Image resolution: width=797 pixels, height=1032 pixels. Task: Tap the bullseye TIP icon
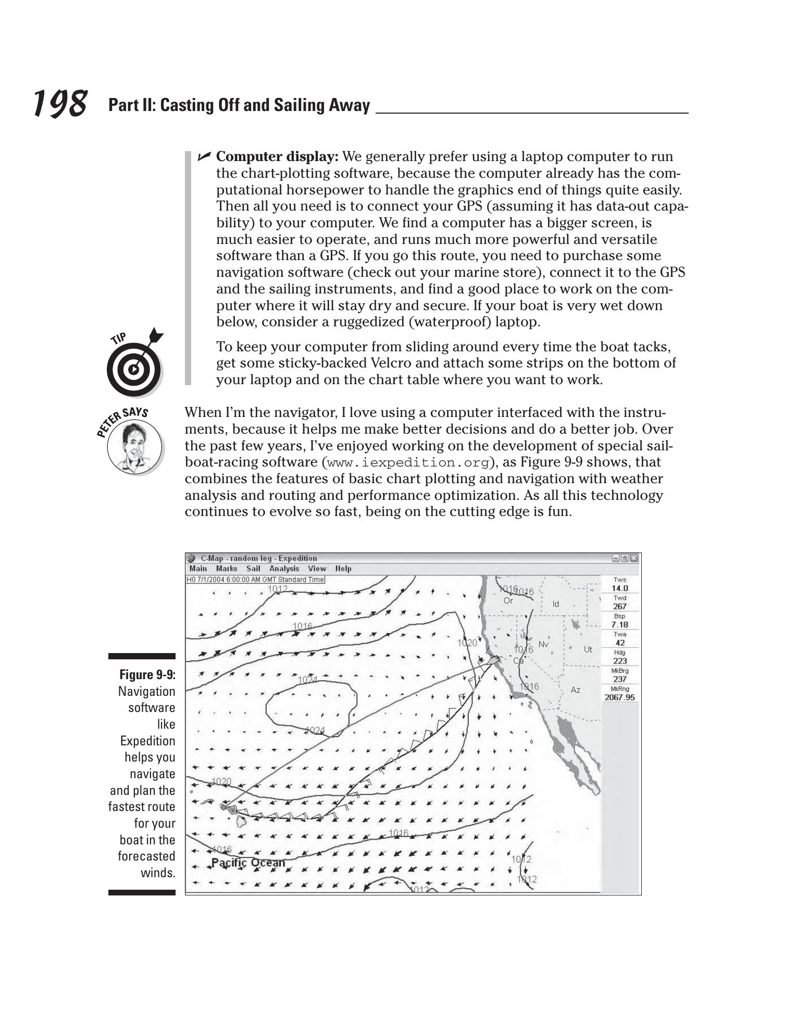click(x=134, y=368)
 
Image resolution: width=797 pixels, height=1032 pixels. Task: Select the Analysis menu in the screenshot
click(x=284, y=569)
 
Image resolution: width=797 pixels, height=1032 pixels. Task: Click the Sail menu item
click(x=253, y=569)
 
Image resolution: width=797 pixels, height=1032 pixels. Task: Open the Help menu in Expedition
click(x=343, y=569)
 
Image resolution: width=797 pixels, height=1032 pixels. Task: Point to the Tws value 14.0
click(x=620, y=588)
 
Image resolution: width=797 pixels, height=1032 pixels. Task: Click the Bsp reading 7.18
click(x=620, y=624)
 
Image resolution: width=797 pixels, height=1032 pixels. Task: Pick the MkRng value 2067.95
click(x=620, y=697)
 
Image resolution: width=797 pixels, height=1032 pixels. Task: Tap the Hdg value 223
click(x=620, y=661)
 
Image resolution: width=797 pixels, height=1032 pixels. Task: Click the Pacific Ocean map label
click(x=248, y=863)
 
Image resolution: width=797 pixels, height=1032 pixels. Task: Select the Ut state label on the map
click(x=588, y=649)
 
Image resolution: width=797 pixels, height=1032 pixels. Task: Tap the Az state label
click(x=575, y=690)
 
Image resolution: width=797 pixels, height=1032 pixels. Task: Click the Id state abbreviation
click(x=555, y=604)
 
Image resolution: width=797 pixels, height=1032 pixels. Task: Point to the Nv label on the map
click(x=543, y=644)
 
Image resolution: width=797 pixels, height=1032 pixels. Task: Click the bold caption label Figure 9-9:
click(x=147, y=675)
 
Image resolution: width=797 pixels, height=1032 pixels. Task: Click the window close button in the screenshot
click(x=633, y=558)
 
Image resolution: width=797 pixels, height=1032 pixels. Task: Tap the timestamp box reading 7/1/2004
click(x=255, y=580)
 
